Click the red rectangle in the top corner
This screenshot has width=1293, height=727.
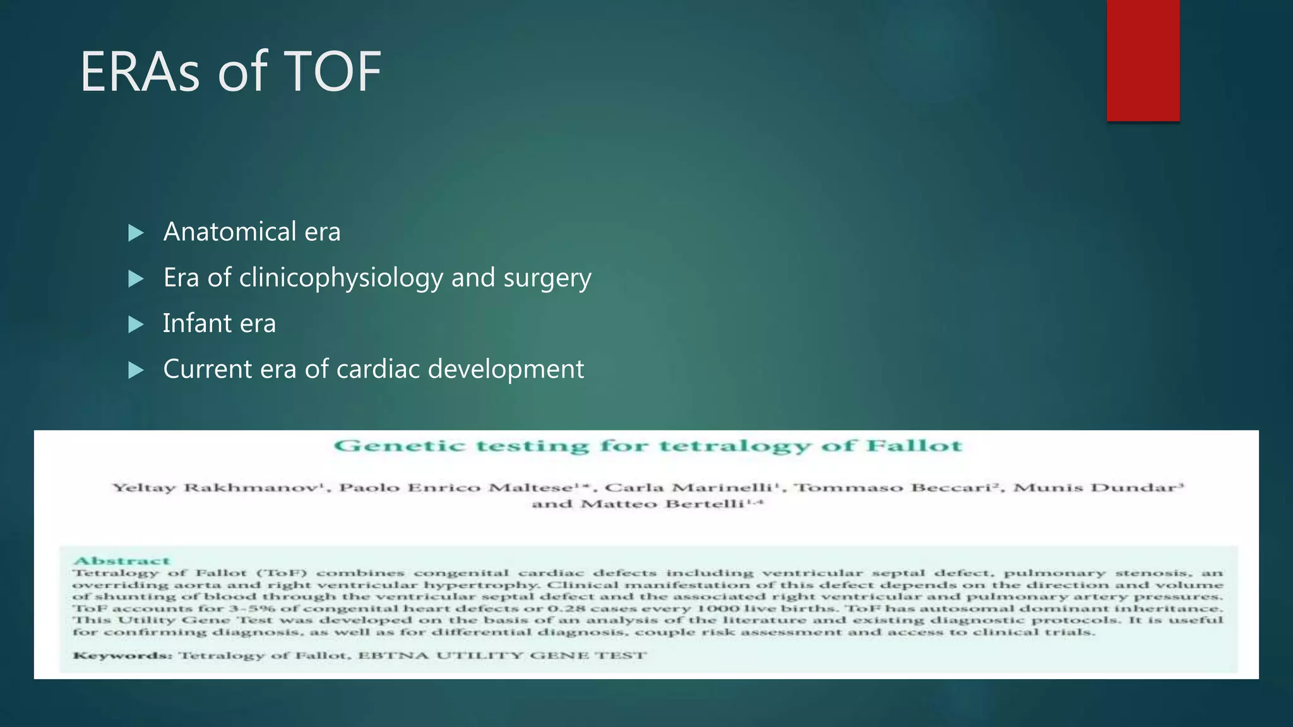point(1143,60)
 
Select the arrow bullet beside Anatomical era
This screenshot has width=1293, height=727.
point(136,233)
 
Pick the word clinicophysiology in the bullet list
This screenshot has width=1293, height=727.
point(341,278)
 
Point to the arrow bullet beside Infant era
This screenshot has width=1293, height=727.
point(136,324)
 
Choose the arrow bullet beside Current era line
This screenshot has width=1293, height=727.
point(136,370)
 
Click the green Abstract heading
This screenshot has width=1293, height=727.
point(122,560)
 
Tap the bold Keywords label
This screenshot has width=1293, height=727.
point(122,655)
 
